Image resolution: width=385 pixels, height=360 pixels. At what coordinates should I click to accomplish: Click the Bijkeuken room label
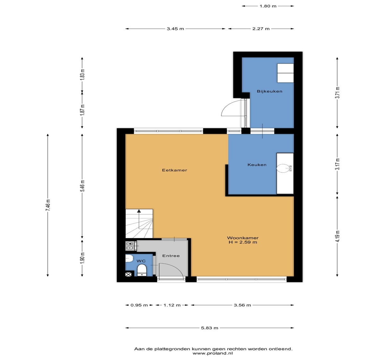point(269,91)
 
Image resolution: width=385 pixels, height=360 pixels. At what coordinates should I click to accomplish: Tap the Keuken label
point(257,164)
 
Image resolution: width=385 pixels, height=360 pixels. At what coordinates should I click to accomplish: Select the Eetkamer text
point(175,170)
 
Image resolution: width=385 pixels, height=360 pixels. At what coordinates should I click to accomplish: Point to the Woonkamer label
point(243,238)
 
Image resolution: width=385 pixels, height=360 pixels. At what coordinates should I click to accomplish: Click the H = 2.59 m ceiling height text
point(243,242)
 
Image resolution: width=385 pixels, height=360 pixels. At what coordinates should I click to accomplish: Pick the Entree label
point(171,256)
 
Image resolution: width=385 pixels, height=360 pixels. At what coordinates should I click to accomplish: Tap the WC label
point(141,261)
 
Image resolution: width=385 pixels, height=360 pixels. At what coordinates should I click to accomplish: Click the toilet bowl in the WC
point(142,270)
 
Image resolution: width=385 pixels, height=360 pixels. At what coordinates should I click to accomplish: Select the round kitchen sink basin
point(283,168)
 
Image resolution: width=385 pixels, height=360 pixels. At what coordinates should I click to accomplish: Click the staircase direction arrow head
point(139,211)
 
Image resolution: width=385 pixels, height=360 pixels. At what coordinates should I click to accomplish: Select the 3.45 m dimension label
point(175,29)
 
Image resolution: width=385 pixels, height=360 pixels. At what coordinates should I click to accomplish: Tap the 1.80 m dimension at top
point(268,6)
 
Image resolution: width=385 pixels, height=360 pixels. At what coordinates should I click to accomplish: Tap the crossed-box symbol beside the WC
point(128,274)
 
